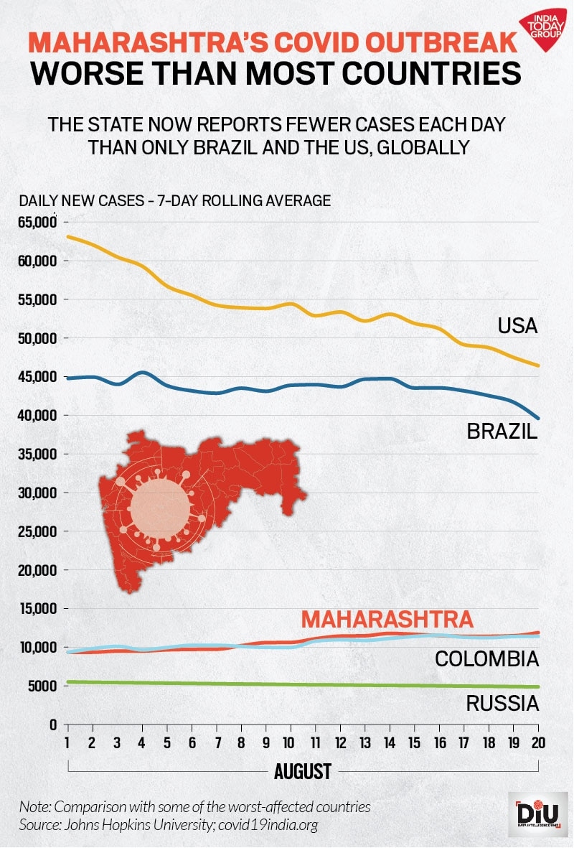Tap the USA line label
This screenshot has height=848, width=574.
(517, 326)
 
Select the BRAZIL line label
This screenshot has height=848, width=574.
(502, 432)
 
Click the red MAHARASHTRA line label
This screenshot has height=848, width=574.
(387, 619)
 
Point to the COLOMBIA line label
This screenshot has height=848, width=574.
(487, 658)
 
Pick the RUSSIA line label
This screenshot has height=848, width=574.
(502, 703)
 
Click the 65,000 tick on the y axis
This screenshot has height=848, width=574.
(37, 223)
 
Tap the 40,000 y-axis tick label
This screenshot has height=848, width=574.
(37, 416)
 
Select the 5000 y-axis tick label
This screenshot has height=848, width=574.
(42, 686)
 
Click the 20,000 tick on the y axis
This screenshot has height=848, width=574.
(37, 570)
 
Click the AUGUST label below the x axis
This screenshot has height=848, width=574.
(302, 772)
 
